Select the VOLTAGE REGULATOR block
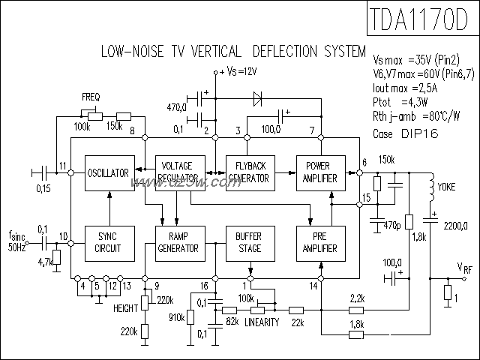(178, 174)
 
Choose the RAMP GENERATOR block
(178, 243)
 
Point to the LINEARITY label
(262, 323)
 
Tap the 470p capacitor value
(391, 225)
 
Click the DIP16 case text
(419, 133)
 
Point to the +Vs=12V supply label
(239, 71)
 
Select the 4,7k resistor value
(43, 262)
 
